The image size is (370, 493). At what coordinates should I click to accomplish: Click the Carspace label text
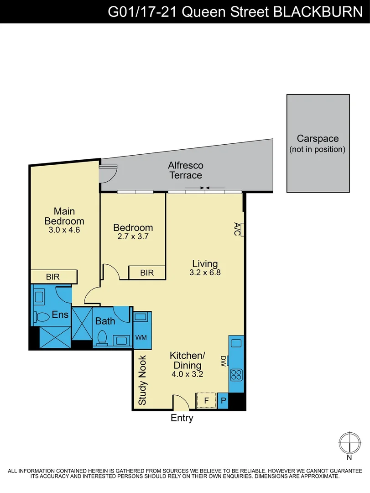(x=318, y=138)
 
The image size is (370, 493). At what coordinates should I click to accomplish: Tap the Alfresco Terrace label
(x=185, y=170)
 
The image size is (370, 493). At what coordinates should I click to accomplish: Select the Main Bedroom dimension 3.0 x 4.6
(x=64, y=230)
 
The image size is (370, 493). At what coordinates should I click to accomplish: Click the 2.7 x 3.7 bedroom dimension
(x=133, y=237)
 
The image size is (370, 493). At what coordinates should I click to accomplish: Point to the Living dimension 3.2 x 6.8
(x=205, y=273)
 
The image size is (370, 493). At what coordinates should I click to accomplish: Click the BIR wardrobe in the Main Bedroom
(x=53, y=277)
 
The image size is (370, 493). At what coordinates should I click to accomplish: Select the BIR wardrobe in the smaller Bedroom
(x=146, y=273)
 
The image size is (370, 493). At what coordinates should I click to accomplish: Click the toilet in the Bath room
(x=103, y=338)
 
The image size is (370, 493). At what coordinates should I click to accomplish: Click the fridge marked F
(x=206, y=400)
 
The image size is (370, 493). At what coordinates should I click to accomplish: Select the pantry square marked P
(x=223, y=401)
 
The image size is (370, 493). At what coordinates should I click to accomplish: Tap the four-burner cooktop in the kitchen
(x=236, y=375)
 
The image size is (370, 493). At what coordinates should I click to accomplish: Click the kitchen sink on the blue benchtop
(x=236, y=343)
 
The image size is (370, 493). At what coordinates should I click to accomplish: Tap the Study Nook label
(x=142, y=380)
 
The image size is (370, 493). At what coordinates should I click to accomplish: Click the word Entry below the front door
(x=182, y=418)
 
